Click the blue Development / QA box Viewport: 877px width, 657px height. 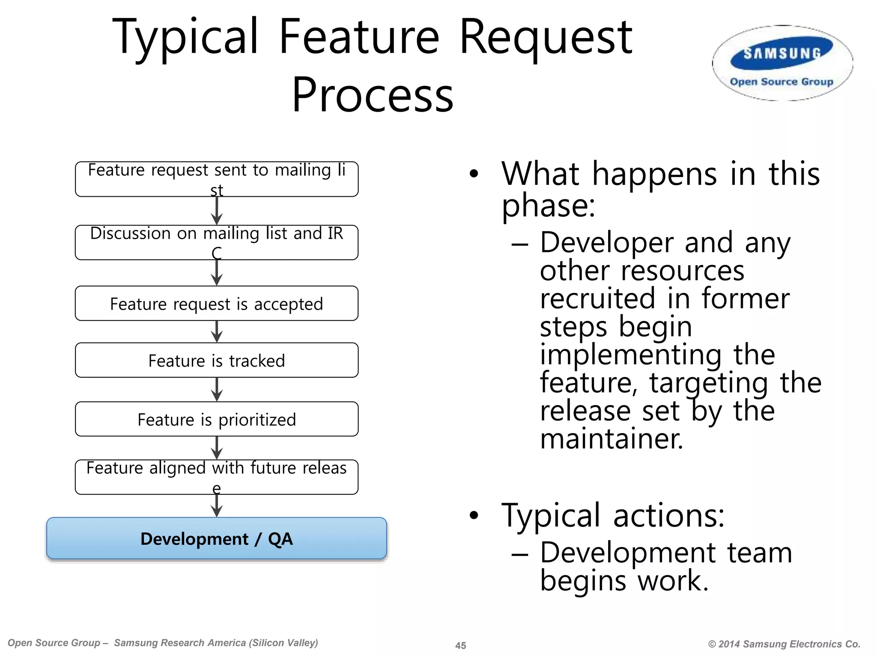click(x=217, y=539)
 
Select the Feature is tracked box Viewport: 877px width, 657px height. click(x=217, y=360)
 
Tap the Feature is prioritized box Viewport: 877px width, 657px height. click(x=217, y=419)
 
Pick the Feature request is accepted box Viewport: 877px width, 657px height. click(x=217, y=303)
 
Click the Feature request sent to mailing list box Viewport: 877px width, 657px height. click(x=217, y=179)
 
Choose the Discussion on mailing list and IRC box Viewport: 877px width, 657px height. click(x=217, y=243)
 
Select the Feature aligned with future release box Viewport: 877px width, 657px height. click(x=217, y=477)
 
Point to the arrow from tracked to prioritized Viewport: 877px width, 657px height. click(x=217, y=390)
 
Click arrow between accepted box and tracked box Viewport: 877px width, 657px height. click(x=217, y=332)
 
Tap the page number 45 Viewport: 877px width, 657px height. click(x=460, y=645)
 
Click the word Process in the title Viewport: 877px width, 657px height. click(x=372, y=95)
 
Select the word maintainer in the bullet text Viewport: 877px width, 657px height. click(x=611, y=439)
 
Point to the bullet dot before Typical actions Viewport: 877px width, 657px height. click(x=473, y=515)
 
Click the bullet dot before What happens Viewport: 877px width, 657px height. click(x=473, y=174)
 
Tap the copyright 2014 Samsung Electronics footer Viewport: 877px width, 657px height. click(x=784, y=644)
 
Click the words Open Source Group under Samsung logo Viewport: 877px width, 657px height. click(x=782, y=82)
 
